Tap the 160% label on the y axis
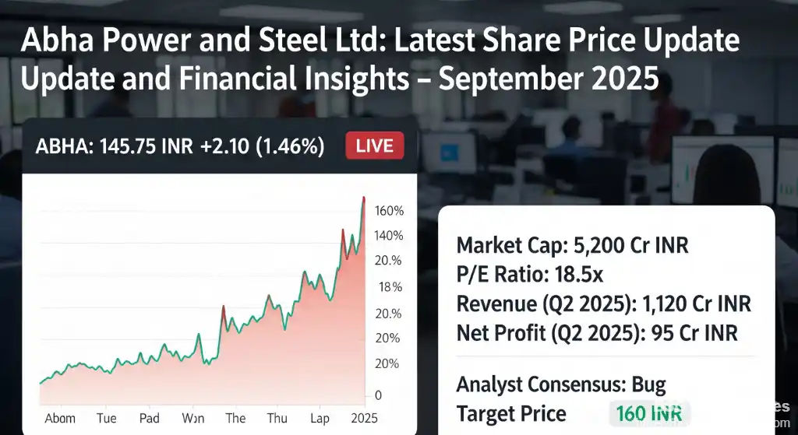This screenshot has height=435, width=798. pyautogui.click(x=389, y=211)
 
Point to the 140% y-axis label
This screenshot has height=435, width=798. pyautogui.click(x=389, y=236)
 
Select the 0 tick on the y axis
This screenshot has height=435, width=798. pyautogui.click(x=378, y=395)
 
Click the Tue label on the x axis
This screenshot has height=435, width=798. pyautogui.click(x=107, y=418)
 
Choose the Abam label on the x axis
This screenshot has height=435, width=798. pyautogui.click(x=61, y=418)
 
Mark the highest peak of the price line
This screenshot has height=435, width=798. pyautogui.click(x=363, y=198)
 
